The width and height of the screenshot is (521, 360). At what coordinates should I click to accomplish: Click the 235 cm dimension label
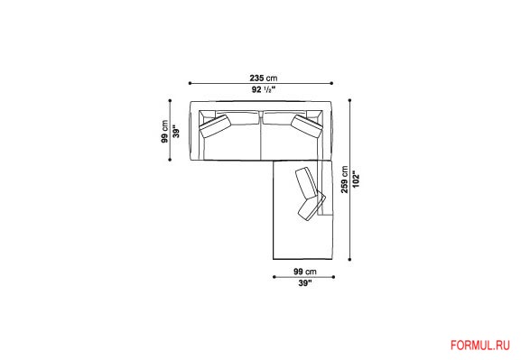pos(263,78)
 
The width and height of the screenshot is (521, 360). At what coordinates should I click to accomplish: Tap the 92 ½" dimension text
pos(264,89)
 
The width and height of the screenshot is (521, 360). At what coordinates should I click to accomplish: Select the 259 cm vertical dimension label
pos(345,180)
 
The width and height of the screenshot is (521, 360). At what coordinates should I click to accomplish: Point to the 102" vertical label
pos(356,180)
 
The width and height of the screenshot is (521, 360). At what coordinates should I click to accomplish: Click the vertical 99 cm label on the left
pos(164,131)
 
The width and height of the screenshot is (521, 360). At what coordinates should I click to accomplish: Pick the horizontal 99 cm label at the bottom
pos(304,272)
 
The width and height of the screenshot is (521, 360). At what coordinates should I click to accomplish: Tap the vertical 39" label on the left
pos(176,131)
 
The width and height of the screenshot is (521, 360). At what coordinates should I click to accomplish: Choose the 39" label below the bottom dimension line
pos(305,283)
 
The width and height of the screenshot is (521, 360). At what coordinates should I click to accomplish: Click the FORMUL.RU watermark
pos(479,346)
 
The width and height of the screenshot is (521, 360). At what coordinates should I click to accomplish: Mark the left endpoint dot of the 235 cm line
pos(190,83)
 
